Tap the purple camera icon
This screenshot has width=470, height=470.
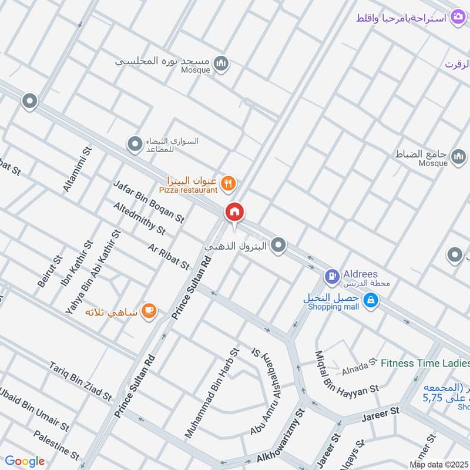(458, 18)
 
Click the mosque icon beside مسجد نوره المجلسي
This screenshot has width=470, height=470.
(221, 62)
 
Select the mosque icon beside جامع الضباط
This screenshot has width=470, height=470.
(457, 155)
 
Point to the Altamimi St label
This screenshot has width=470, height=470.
(78, 170)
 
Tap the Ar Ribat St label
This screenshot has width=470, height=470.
(169, 256)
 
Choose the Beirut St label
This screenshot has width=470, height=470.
(50, 271)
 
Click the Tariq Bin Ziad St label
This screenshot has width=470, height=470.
(80, 381)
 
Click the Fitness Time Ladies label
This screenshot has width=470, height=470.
(424, 363)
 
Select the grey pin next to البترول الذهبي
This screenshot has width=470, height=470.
(280, 245)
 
